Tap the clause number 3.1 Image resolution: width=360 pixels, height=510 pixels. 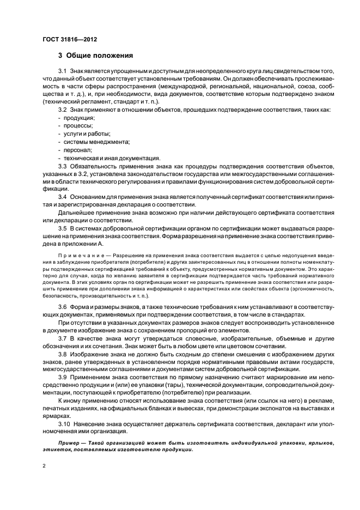63,72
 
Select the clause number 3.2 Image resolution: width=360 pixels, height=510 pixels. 63,110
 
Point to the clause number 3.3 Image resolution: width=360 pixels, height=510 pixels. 63,166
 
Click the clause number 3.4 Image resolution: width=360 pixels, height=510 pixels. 63,196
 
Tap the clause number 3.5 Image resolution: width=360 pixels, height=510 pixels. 63,228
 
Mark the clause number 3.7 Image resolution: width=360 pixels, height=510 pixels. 63,339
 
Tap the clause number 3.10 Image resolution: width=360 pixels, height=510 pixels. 64,423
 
